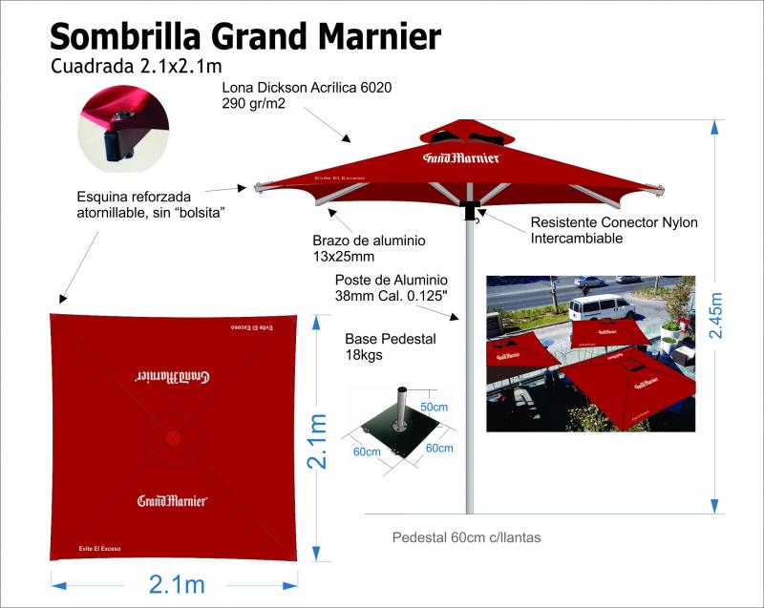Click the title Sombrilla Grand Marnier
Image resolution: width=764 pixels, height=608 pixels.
tap(244, 36)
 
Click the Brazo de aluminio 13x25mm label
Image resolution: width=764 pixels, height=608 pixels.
tap(369, 247)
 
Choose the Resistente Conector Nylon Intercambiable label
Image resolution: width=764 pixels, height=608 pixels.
tap(613, 230)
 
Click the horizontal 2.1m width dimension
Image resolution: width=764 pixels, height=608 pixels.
tap(177, 583)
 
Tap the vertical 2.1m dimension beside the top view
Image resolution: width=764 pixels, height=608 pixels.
tap(318, 440)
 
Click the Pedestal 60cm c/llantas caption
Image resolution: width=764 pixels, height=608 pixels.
tap(466, 537)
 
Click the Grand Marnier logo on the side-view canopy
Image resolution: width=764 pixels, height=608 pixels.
tap(462, 157)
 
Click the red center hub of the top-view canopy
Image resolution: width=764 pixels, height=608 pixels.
tap(174, 438)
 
